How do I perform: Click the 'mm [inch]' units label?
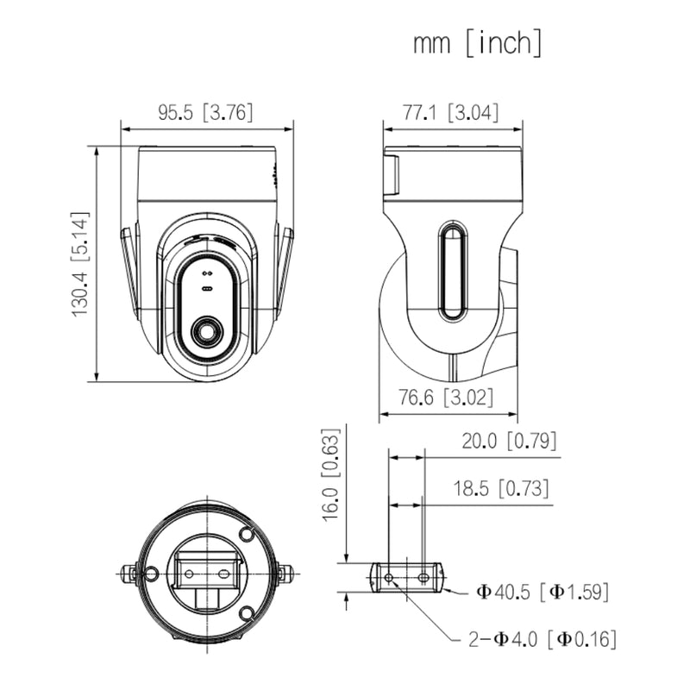(477, 42)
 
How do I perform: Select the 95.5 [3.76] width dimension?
(205, 113)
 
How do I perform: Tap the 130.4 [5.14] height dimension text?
(80, 264)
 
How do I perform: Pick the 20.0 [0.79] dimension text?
(509, 442)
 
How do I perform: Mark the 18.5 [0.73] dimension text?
(501, 489)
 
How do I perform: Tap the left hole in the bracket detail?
(389, 577)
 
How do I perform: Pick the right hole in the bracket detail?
(423, 577)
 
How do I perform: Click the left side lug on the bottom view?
(129, 573)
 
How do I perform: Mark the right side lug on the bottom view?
(285, 572)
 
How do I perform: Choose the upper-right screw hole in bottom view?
(246, 535)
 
